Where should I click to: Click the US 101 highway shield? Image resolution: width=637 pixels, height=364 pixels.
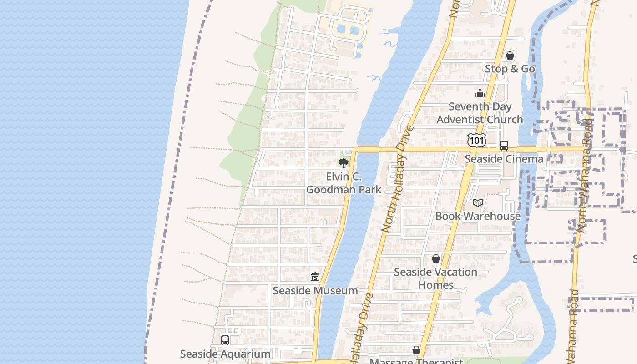[476, 140]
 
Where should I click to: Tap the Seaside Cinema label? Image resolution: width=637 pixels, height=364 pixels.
[504, 159]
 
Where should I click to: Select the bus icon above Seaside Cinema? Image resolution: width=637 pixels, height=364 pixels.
[504, 146]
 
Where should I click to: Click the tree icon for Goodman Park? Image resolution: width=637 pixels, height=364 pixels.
[343, 163]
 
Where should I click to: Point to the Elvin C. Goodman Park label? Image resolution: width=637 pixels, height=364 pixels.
[344, 183]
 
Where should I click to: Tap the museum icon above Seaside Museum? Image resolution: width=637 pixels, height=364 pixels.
[315, 277]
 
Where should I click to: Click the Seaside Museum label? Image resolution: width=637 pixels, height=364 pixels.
[315, 290]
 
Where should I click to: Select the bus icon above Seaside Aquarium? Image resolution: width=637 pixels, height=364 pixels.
[225, 340]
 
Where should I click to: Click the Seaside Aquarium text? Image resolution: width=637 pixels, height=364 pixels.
[225, 354]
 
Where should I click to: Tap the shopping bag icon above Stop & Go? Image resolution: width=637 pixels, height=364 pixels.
[510, 56]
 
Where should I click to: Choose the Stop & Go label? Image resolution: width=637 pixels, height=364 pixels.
[510, 69]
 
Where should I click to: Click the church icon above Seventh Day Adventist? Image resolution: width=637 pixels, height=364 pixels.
[480, 94]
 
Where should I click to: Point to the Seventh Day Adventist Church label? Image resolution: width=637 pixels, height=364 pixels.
[480, 113]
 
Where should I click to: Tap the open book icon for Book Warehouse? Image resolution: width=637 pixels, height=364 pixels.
[478, 202]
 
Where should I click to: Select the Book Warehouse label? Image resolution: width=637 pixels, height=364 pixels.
[478, 216]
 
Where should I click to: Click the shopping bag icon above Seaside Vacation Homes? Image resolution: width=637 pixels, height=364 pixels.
[435, 258]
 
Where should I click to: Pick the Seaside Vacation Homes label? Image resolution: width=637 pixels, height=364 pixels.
[435, 278]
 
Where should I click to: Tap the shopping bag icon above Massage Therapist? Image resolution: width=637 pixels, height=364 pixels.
[416, 350]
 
